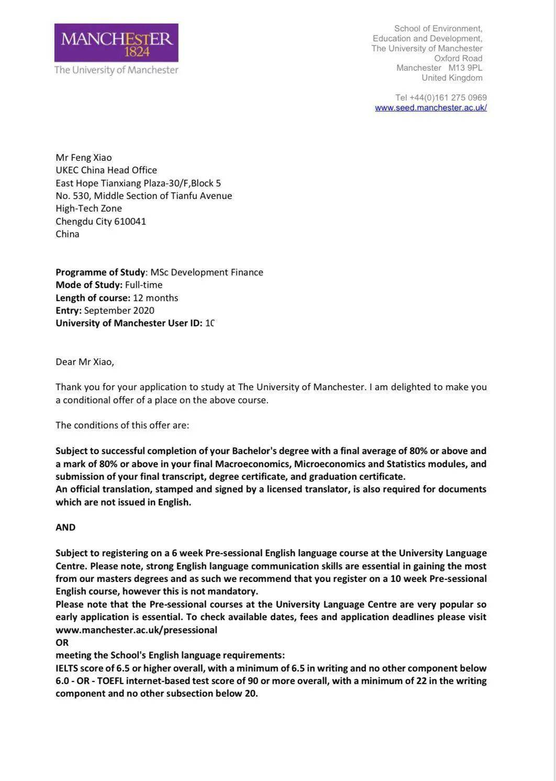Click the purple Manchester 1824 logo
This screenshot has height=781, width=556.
(116, 43)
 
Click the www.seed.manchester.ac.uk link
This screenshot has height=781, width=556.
(431, 107)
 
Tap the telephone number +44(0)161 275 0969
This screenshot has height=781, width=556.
(448, 97)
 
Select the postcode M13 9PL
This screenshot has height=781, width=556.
(465, 68)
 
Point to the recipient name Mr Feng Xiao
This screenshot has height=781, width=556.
(84, 158)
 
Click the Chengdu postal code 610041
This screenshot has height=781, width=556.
(130, 222)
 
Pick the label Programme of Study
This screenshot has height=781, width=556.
(100, 272)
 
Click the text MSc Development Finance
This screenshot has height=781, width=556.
(207, 272)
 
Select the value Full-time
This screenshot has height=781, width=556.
(143, 285)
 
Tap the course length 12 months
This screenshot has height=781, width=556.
(155, 298)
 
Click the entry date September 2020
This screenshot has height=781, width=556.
(119, 311)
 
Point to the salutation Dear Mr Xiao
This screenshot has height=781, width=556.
(85, 362)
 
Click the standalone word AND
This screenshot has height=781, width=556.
(65, 527)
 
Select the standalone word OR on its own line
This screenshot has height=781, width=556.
(62, 643)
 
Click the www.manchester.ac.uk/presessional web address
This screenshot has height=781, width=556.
(136, 630)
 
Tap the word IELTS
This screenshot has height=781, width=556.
(66, 668)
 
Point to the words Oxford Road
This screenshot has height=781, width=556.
(458, 58)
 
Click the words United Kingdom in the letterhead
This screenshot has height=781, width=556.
(452, 78)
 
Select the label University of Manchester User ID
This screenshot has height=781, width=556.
(129, 323)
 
